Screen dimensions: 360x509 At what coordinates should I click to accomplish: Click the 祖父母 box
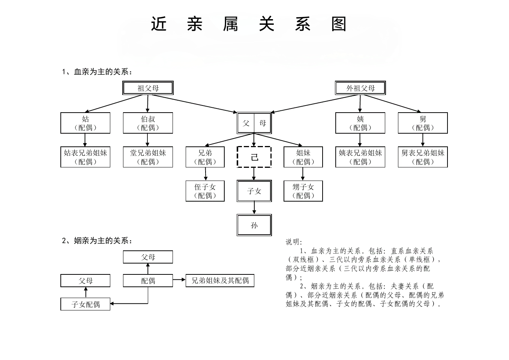148,88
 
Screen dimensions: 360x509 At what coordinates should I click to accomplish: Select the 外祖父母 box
360,88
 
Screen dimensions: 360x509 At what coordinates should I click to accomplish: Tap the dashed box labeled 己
254,157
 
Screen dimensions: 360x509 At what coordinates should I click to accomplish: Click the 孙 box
254,225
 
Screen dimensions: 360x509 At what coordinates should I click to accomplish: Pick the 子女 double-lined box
254,191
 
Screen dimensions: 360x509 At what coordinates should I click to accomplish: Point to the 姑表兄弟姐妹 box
85,157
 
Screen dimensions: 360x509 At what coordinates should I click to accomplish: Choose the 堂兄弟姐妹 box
148,157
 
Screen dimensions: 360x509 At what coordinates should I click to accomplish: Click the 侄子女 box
205,191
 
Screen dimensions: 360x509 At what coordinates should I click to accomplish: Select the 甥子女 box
303,191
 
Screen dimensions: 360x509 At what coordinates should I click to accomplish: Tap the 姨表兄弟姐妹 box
360,157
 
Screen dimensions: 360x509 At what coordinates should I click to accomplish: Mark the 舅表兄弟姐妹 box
423,157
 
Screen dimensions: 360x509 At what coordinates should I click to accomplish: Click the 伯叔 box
148,123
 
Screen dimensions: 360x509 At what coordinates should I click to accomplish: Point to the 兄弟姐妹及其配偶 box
220,280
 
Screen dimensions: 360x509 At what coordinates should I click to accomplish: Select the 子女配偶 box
85,304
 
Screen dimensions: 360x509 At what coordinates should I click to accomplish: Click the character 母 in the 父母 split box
263,123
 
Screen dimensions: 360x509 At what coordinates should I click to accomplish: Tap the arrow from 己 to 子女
254,173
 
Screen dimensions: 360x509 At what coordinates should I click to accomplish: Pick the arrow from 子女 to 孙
254,208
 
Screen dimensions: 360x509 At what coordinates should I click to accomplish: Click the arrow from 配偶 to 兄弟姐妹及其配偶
179,279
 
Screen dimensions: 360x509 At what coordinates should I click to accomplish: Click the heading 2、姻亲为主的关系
97,241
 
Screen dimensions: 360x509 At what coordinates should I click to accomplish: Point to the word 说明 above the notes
294,242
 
